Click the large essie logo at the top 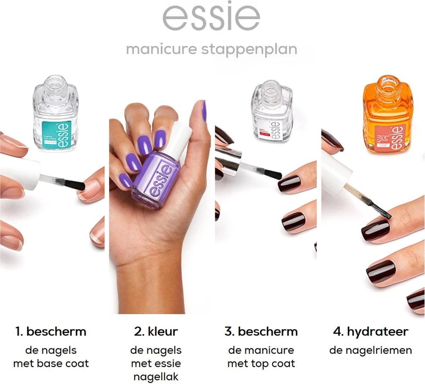click(x=211, y=17)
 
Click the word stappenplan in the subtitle click(x=249, y=49)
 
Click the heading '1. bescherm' click(x=51, y=332)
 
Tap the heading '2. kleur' click(x=156, y=332)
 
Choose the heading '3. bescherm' click(x=261, y=332)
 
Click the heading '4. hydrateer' click(x=370, y=332)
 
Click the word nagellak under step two click(x=156, y=377)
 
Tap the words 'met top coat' click(x=261, y=363)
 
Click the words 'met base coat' click(x=51, y=363)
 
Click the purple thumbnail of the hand click(x=204, y=111)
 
